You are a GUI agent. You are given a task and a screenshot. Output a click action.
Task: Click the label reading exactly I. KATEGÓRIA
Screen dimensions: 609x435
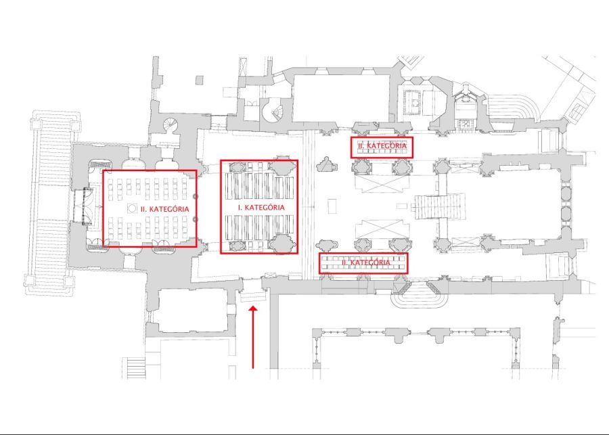point(261,208)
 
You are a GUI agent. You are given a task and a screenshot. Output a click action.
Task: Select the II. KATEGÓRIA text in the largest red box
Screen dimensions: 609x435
point(164,209)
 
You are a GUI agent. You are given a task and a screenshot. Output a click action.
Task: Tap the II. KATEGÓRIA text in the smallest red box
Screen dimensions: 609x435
point(382,145)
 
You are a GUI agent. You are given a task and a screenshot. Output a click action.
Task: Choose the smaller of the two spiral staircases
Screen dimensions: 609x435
point(171,125)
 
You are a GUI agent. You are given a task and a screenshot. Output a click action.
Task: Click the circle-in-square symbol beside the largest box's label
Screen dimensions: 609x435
point(132,208)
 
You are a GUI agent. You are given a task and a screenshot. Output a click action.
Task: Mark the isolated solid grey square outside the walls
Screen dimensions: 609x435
point(199,80)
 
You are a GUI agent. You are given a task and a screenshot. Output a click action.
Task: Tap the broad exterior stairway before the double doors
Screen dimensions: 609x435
point(51,203)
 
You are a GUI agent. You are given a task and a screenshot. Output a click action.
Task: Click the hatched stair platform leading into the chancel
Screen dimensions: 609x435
point(440,206)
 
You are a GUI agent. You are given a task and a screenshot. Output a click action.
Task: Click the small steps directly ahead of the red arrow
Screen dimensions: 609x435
point(253,296)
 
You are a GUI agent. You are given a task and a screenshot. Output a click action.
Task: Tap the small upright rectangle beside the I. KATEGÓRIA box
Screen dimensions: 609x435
point(332,206)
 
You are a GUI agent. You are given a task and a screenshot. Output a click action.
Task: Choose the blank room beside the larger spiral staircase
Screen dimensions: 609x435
point(340,98)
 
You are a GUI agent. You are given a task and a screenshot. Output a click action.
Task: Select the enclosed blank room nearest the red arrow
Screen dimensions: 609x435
point(193,311)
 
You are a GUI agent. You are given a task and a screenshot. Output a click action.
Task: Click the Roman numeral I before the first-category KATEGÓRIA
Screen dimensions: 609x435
point(240,208)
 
